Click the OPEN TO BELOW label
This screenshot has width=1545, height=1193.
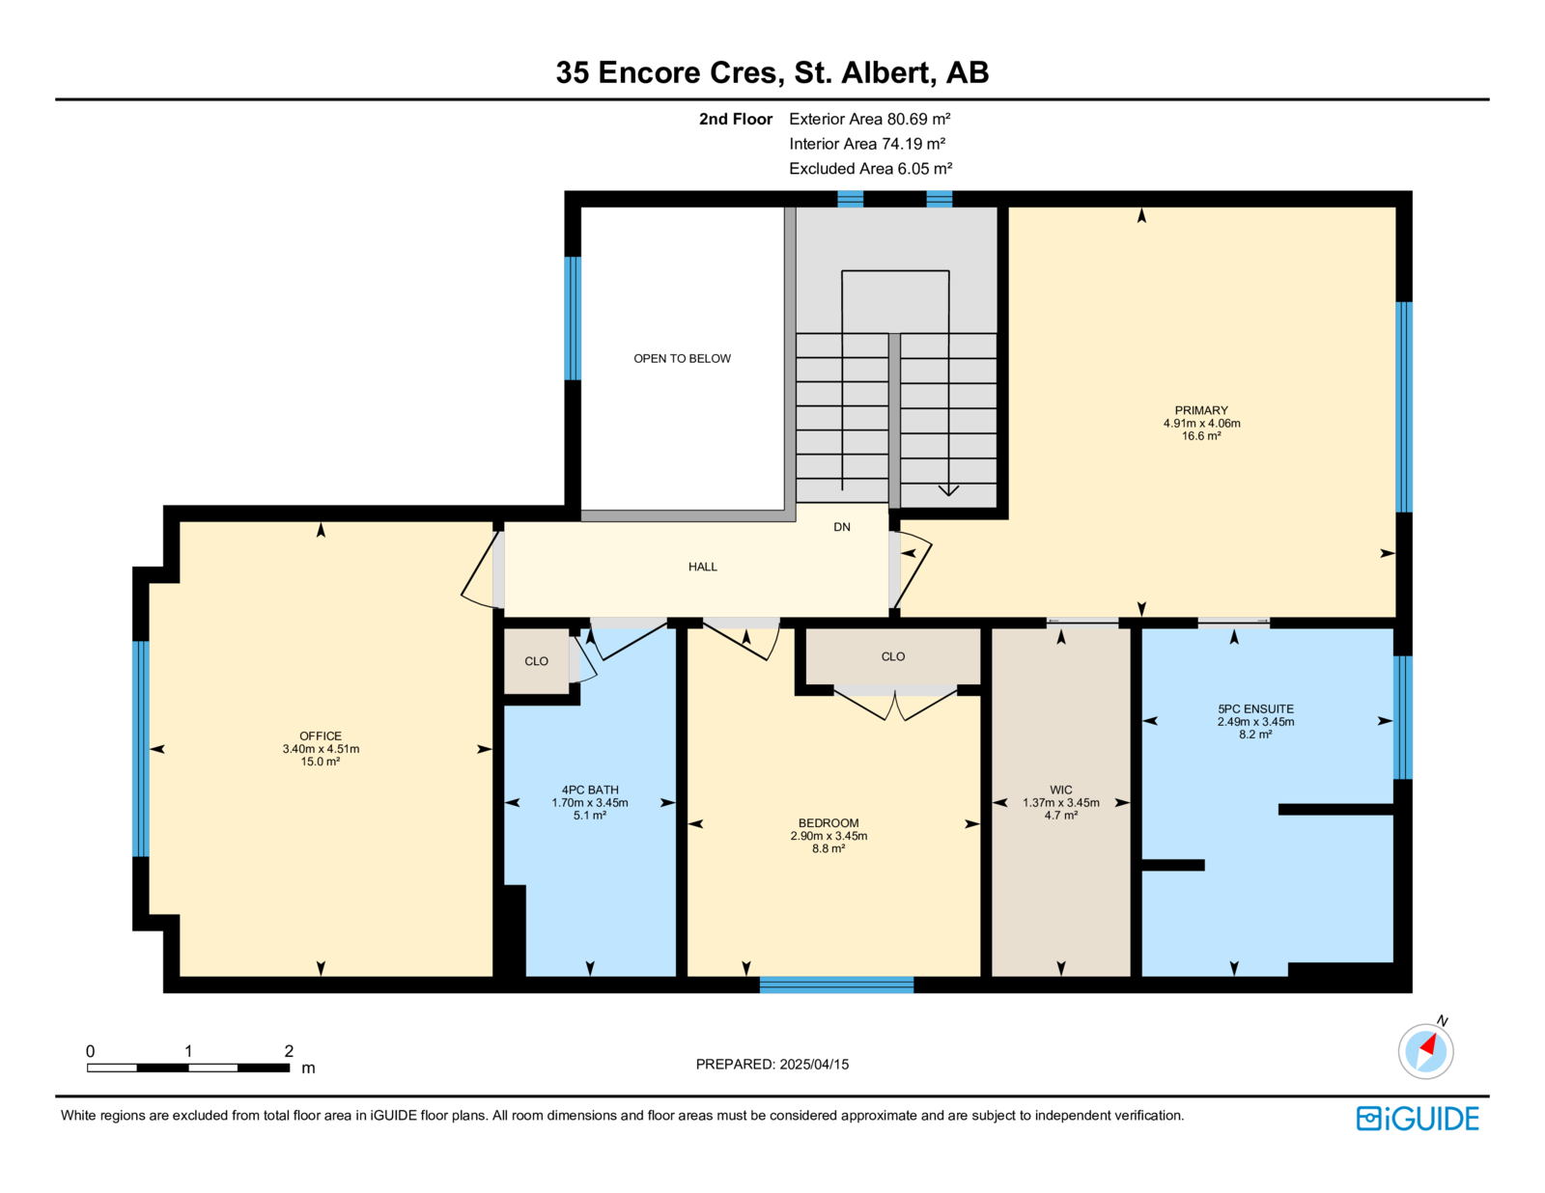point(682,359)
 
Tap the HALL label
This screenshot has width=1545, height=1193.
point(702,567)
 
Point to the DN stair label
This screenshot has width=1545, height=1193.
point(842,527)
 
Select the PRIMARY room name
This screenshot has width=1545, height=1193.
point(1201,410)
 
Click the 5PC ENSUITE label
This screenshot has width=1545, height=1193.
point(1255,709)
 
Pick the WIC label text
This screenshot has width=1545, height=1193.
point(1061,791)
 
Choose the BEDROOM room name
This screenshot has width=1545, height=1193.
point(829,823)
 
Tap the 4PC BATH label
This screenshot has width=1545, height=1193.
point(590,791)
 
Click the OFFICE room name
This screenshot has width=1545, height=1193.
point(321,736)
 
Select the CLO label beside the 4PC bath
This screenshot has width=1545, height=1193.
point(536,661)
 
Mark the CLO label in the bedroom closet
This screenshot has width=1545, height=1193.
point(893,656)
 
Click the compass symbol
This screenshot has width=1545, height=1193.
point(1425,1052)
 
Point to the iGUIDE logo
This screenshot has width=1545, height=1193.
point(1417,1119)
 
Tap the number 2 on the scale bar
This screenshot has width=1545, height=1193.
point(289,1051)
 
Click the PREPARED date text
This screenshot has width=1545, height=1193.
point(772,1065)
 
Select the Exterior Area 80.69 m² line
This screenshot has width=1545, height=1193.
point(870,120)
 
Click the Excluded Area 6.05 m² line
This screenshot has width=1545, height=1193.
point(870,169)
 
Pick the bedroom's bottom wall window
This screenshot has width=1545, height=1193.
point(836,985)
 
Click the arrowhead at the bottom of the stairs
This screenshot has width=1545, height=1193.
point(948,490)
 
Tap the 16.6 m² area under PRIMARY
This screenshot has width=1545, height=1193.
point(1201,436)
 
